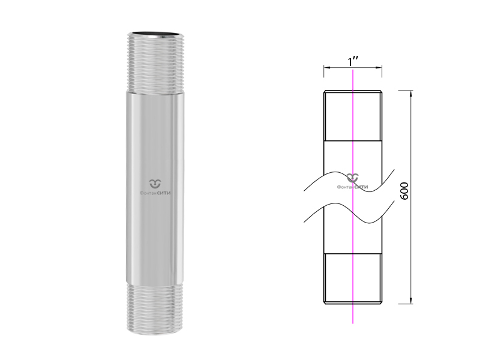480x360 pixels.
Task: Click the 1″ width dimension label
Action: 353,62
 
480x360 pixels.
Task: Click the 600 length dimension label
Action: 404,191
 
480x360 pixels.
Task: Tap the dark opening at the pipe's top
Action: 156,34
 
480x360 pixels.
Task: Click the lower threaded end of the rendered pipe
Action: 155,308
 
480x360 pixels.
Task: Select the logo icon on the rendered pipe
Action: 155,184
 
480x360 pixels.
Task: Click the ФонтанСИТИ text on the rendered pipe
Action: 155,193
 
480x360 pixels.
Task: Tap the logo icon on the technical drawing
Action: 353,178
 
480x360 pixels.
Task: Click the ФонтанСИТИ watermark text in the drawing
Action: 353,187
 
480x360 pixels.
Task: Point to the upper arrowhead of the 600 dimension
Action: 411,94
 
